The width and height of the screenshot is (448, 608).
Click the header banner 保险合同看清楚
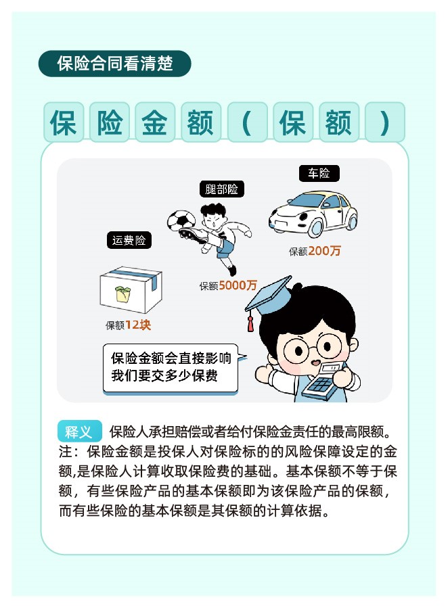coord(115,64)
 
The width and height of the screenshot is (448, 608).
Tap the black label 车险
coord(319,173)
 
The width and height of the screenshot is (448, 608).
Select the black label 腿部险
coord(221,189)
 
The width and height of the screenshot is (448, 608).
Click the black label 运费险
coord(129,240)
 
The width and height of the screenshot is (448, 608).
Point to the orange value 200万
coord(325,251)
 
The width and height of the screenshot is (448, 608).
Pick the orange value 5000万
coord(238,285)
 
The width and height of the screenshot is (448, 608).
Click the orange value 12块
coord(138,325)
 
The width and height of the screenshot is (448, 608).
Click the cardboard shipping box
coord(131,289)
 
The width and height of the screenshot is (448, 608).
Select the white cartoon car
coord(313,213)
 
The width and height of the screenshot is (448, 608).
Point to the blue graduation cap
coord(269,295)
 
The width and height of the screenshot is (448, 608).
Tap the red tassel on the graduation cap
coord(250,324)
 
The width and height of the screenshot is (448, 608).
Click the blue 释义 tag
coord(79,431)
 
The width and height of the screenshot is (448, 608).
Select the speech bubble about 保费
coord(171,368)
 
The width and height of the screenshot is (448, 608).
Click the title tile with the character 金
coord(155,122)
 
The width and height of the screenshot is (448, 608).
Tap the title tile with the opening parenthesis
coord(247,122)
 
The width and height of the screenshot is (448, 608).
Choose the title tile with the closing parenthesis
coord(385,122)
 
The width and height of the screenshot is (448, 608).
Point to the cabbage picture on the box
coord(123,294)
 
